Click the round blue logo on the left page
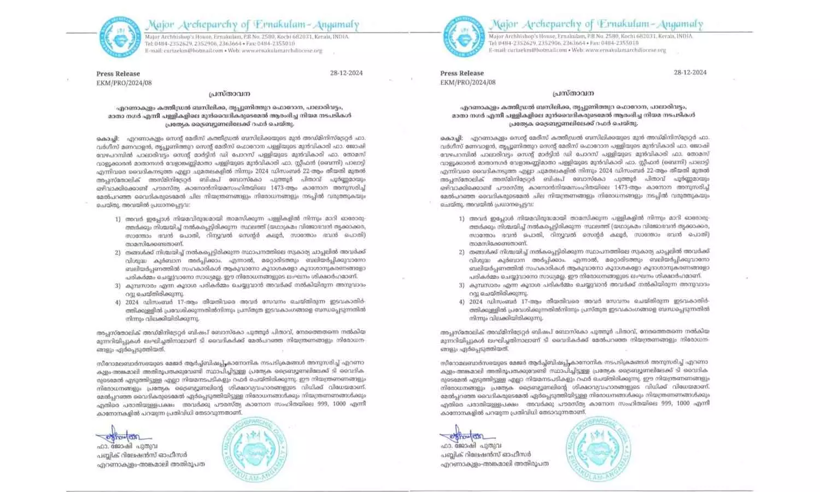coord(120,36)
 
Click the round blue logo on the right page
coord(464,36)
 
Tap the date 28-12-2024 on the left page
coord(347,73)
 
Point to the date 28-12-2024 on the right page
coord(690,72)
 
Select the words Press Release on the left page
coord(118,74)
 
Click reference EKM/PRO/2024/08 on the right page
coord(468,82)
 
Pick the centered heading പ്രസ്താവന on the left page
coord(229,94)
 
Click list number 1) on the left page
coord(118,219)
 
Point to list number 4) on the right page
coord(462,302)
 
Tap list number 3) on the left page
coord(118,285)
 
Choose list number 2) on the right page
coord(462,252)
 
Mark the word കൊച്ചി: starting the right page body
coord(452,138)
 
